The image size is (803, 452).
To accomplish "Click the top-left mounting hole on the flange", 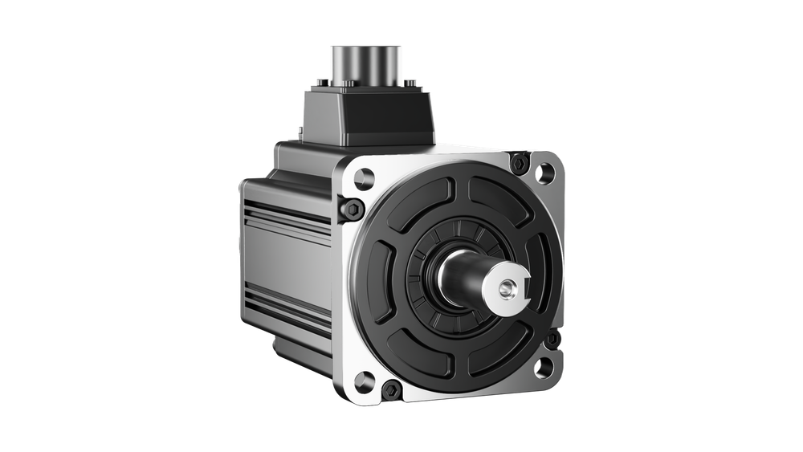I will pos(365,176).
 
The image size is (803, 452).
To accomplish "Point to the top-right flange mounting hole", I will pos(544,171).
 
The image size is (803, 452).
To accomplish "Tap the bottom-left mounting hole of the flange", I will pos(365,378).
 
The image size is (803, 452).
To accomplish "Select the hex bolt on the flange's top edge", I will pos(519,163).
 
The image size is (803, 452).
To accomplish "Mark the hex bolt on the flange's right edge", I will pos(552,340).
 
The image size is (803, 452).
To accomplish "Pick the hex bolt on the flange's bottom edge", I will pos(391,390).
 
